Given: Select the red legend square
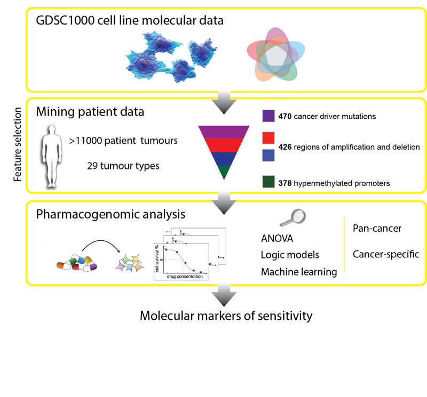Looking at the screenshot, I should pos(268,138).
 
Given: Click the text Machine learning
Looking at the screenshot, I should pos(299,272).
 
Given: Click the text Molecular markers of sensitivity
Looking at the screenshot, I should pos(226,315).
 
